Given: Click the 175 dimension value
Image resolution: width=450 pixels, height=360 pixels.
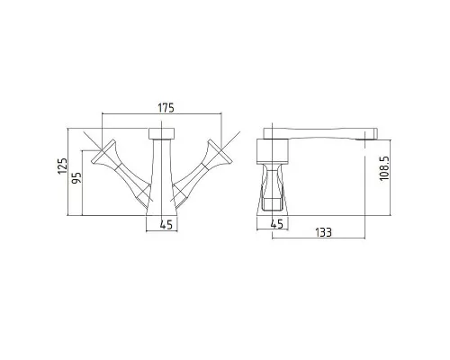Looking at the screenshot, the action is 166,108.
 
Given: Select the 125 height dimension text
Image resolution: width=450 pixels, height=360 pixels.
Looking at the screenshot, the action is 63,166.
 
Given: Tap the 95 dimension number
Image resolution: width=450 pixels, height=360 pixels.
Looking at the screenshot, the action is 77,178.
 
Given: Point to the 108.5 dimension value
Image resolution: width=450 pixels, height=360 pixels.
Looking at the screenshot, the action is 384,168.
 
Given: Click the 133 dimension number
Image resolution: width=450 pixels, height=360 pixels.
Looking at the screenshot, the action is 323,232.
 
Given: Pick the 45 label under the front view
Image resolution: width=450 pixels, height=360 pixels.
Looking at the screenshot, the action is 166,224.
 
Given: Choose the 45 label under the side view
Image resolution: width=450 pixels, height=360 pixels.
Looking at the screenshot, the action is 276,224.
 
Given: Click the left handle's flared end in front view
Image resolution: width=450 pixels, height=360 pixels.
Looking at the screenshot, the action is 103,153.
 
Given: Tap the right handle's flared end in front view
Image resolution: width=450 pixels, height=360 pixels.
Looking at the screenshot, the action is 220,153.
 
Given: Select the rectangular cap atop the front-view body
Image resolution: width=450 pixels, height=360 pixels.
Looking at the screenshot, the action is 162,133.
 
